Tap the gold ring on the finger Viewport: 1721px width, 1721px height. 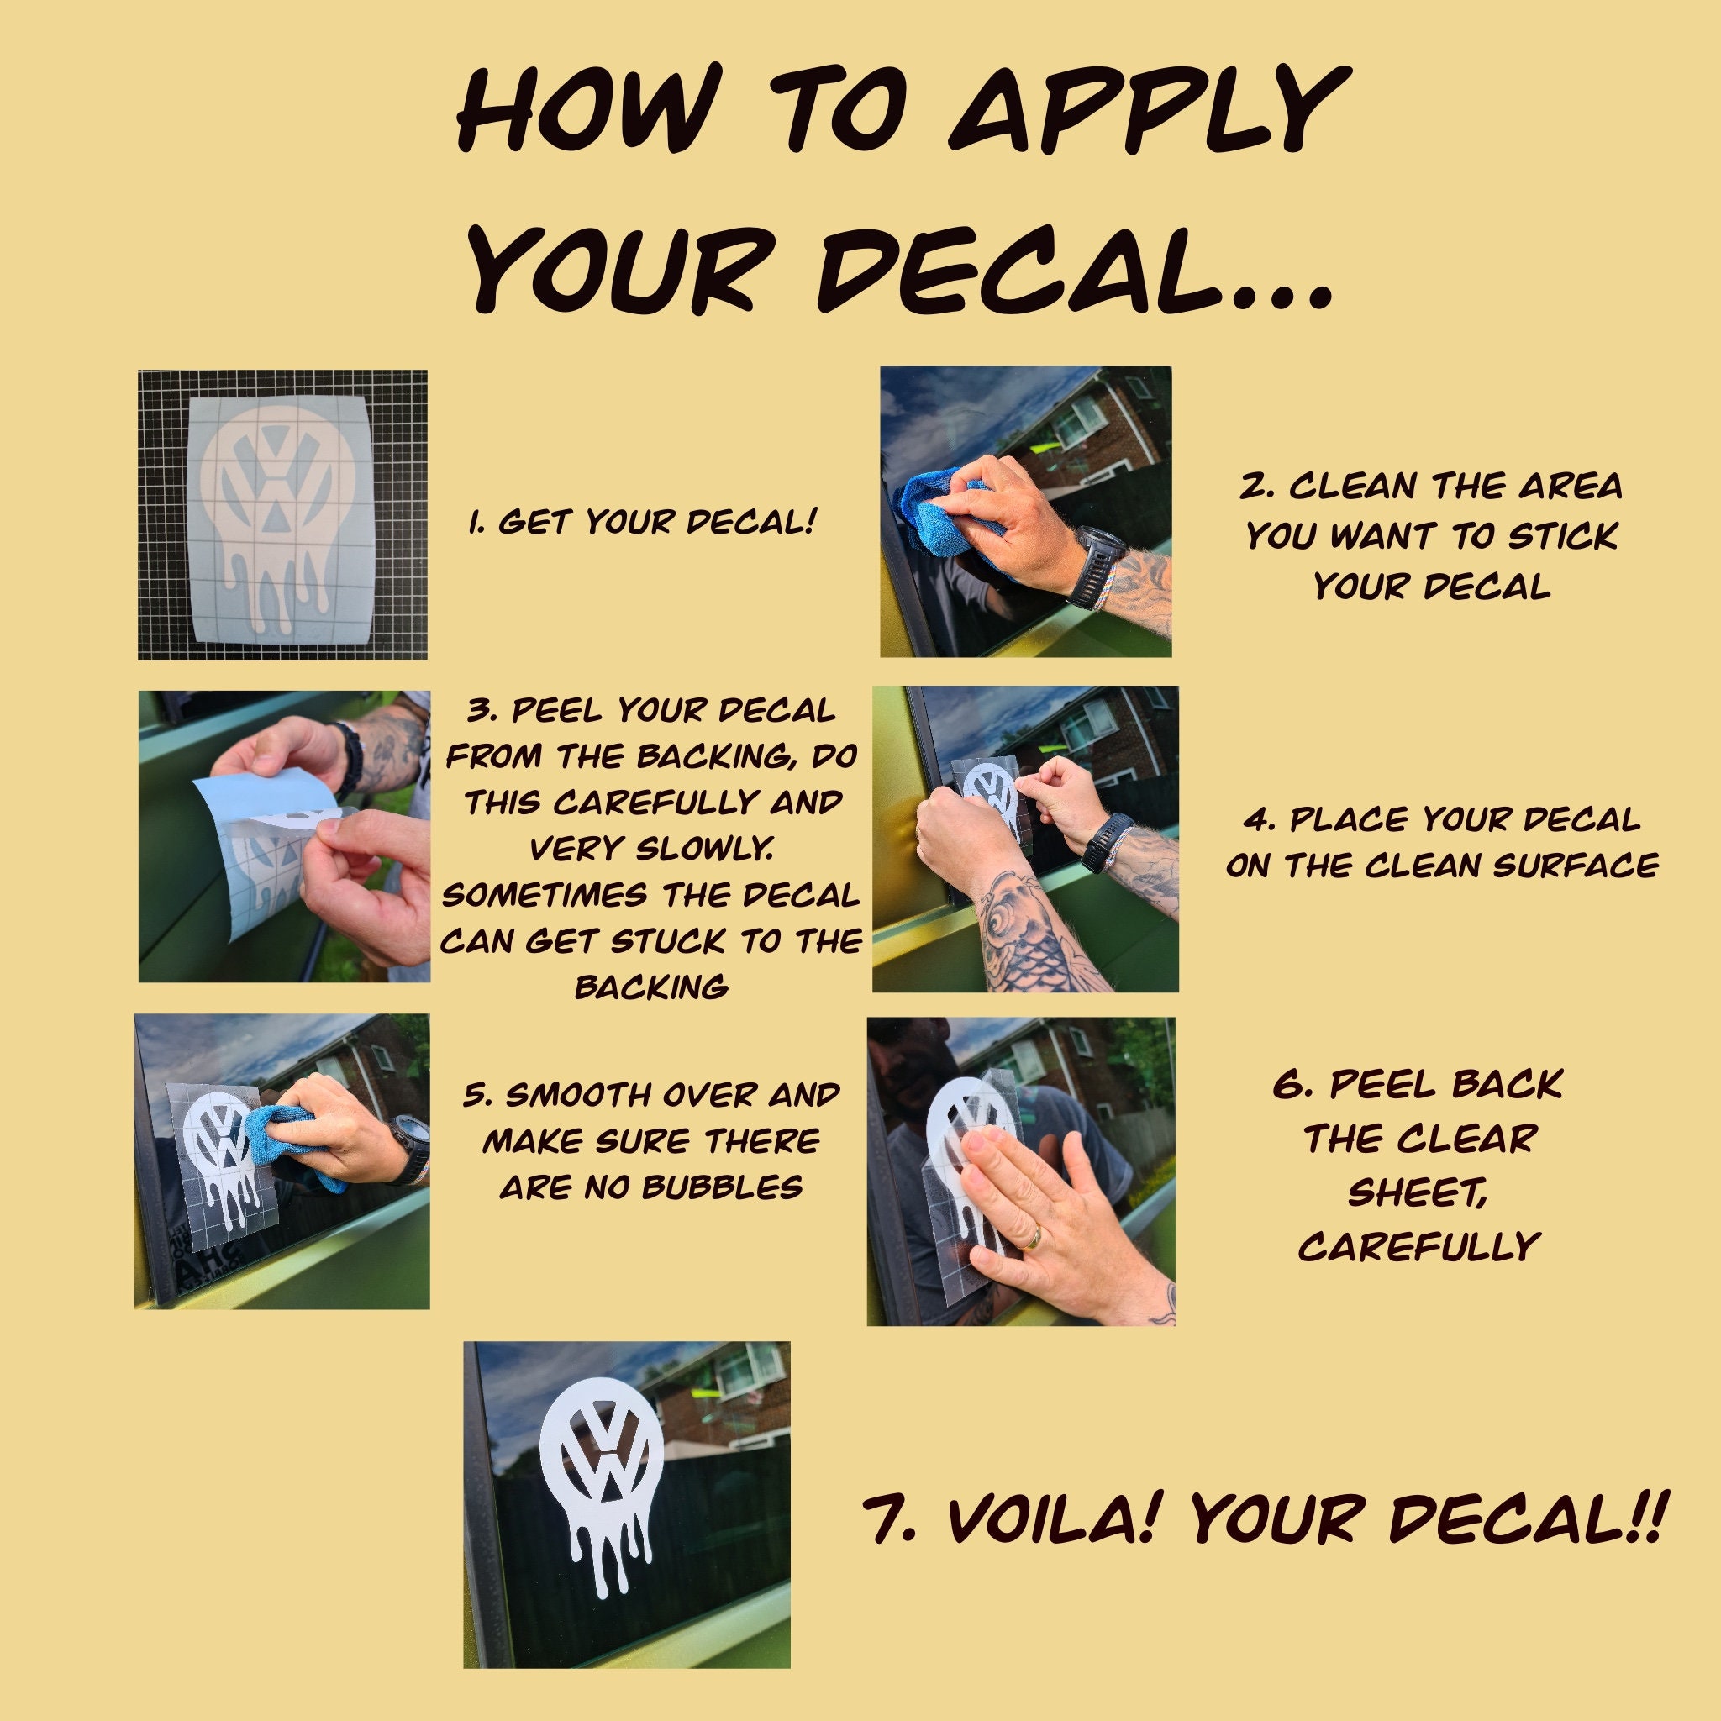click(1030, 1238)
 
